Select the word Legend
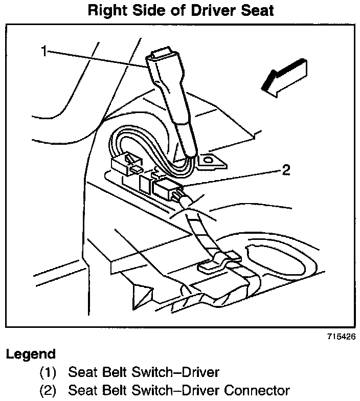click(x=30, y=354)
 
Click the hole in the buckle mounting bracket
click(x=208, y=161)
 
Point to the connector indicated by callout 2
click(x=165, y=189)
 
